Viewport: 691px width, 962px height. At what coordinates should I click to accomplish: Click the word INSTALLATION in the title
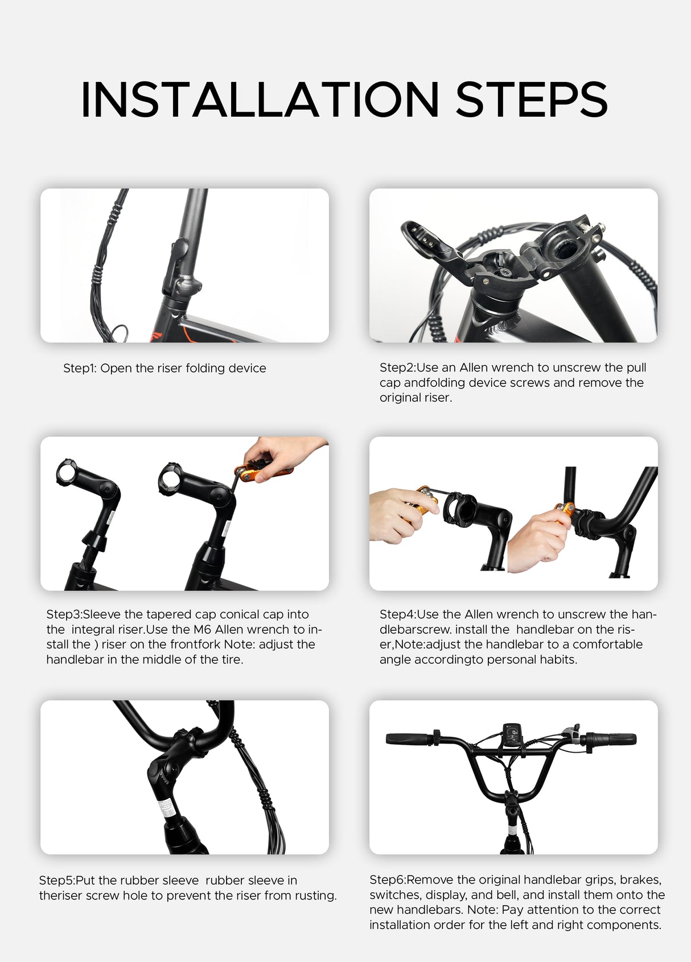(260, 100)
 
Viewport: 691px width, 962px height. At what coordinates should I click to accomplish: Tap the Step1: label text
(80, 368)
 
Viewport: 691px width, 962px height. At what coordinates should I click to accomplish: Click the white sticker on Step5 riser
(166, 807)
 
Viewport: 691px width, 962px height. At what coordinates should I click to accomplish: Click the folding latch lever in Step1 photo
(177, 265)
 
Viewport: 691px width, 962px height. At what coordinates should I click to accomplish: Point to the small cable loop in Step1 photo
(119, 333)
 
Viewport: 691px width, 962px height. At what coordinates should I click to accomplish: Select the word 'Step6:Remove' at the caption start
(405, 880)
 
